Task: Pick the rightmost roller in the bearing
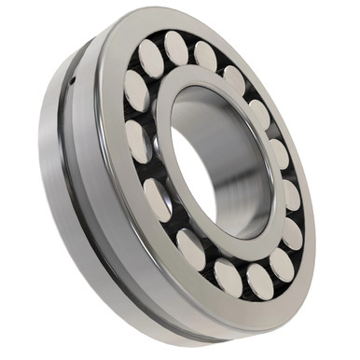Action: coord(292,196)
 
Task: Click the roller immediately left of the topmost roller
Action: coord(150,59)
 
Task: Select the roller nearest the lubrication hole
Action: coord(136,90)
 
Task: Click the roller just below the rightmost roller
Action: coord(293,233)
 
